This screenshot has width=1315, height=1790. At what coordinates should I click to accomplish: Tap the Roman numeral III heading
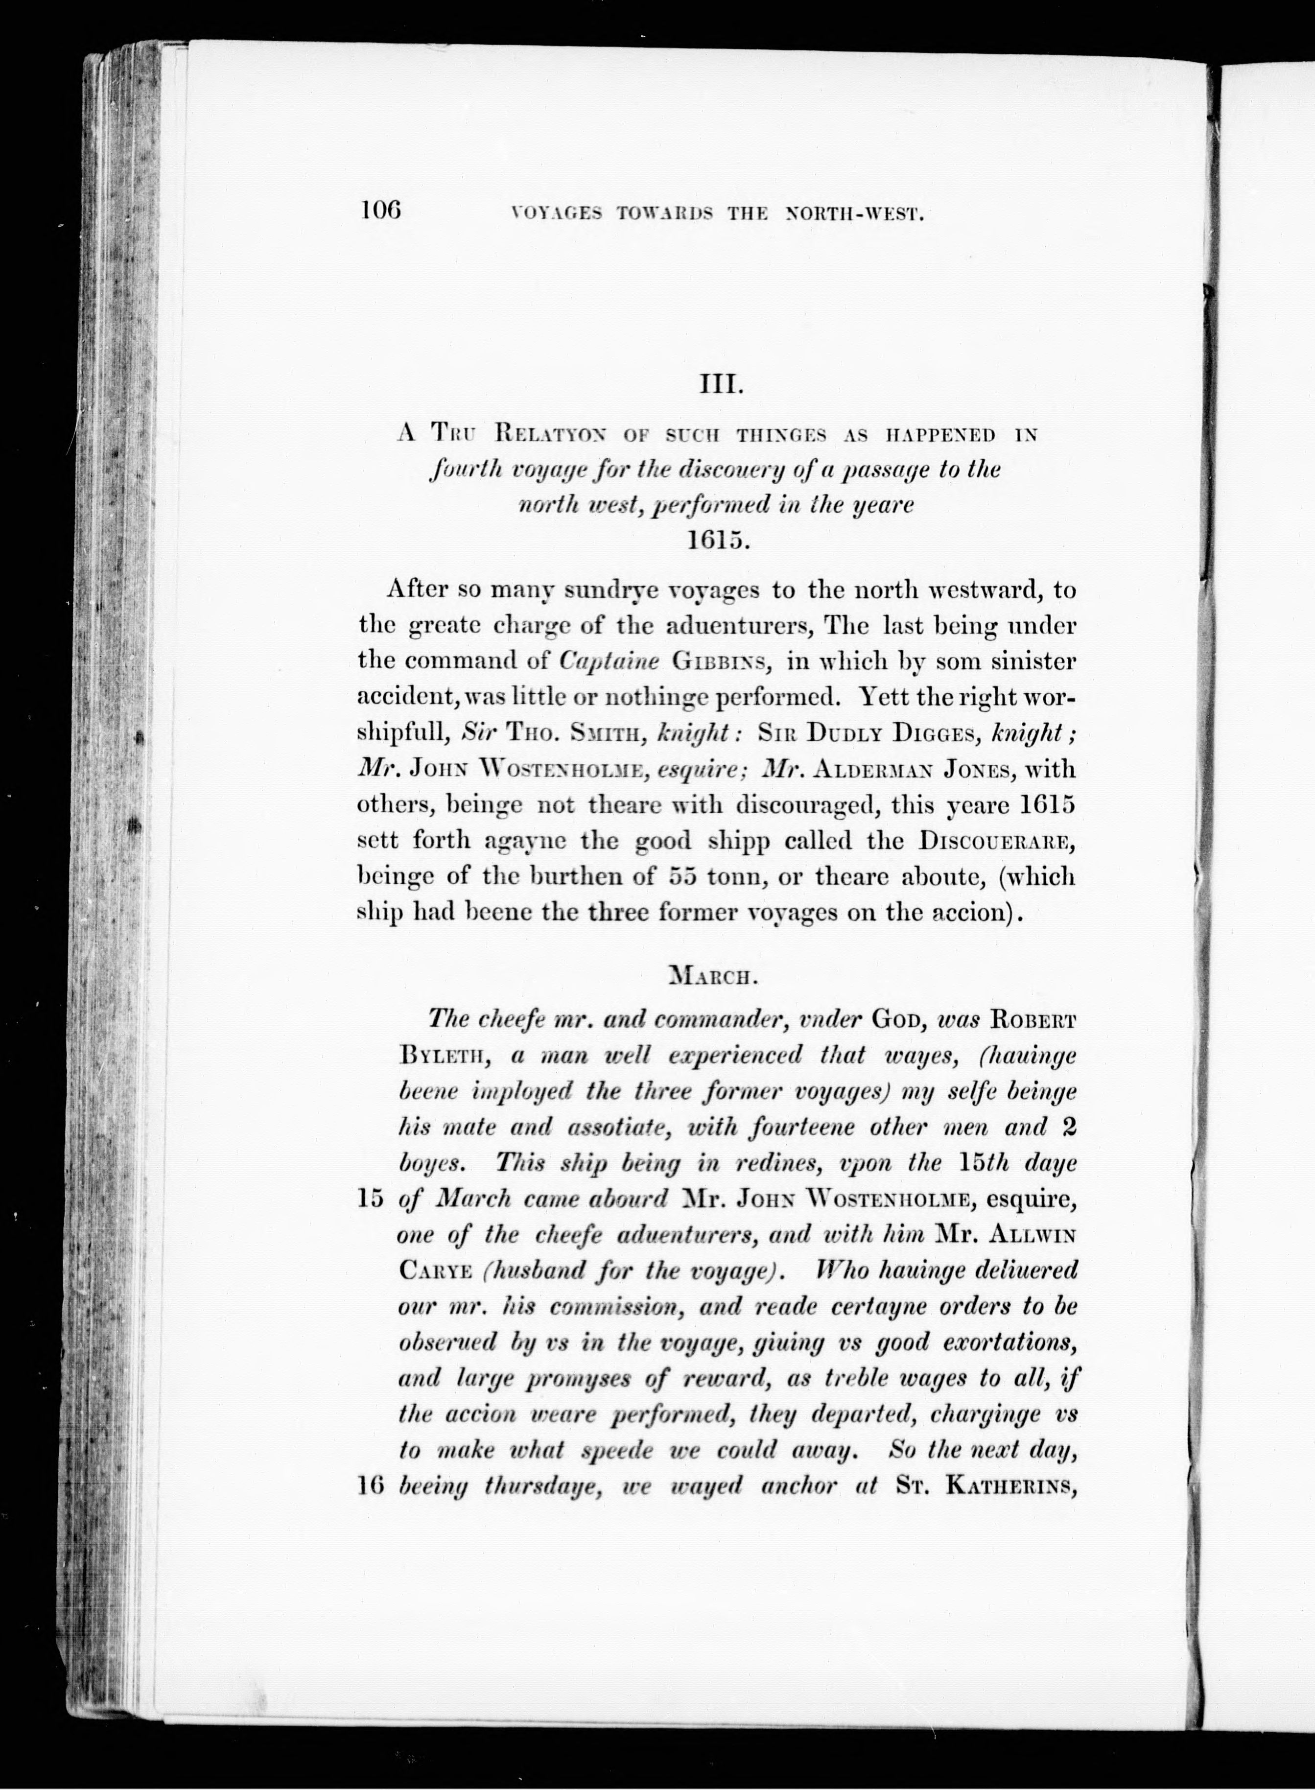[720, 388]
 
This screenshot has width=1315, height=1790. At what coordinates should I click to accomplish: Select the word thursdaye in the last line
[548, 1487]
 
